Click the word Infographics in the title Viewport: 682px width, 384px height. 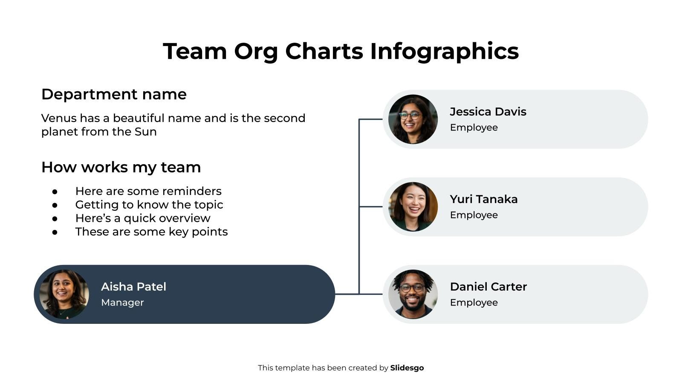pos(444,52)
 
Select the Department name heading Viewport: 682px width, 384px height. pos(114,94)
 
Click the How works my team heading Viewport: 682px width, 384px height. pos(121,167)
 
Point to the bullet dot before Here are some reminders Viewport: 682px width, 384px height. pos(55,192)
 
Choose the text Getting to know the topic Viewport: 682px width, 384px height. pos(149,205)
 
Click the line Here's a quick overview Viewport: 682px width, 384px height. pos(143,218)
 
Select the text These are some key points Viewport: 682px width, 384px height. pos(151,232)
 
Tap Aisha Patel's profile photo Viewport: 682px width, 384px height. pos(64,294)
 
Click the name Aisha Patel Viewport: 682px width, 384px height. pos(133,287)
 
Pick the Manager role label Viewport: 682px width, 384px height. pos(122,303)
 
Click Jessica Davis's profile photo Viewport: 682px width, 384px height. pos(413,119)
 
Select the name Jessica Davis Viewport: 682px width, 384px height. pos(488,112)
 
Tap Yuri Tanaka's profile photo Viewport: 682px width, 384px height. pos(413,207)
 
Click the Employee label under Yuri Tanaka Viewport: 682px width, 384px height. pos(474,215)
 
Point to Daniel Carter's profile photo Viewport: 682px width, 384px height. pos(413,294)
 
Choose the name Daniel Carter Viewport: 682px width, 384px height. pos(488,287)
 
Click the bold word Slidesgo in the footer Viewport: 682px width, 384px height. pos(407,368)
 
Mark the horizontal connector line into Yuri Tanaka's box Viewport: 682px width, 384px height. pos(371,207)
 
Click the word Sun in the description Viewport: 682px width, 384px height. pos(145,132)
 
